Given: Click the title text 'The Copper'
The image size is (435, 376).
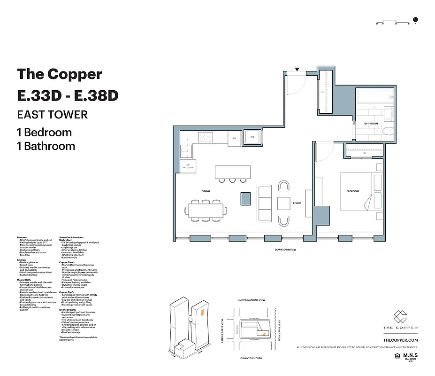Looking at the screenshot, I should click(x=59, y=74).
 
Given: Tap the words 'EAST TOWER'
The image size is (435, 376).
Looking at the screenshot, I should click(x=52, y=115).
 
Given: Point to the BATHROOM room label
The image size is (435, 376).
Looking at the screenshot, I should click(x=371, y=124).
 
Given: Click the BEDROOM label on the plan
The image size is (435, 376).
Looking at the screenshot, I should click(x=352, y=191).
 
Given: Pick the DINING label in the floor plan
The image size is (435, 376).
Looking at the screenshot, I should click(x=206, y=191).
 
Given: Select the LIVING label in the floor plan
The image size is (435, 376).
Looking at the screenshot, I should click(x=297, y=203).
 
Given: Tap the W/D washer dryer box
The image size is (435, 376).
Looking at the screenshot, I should click(x=252, y=137).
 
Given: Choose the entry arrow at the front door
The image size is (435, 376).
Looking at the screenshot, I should click(x=297, y=70).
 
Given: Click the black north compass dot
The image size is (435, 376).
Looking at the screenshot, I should click(x=420, y=20).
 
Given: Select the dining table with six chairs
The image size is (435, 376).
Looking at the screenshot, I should click(x=206, y=211).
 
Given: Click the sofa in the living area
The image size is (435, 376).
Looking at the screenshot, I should click(x=264, y=203).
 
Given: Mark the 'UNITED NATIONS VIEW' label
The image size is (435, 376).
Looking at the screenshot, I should click(x=252, y=300).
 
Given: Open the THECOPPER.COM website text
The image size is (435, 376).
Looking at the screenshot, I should click(x=400, y=339).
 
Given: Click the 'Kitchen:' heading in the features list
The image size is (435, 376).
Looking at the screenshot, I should click(x=22, y=259).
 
